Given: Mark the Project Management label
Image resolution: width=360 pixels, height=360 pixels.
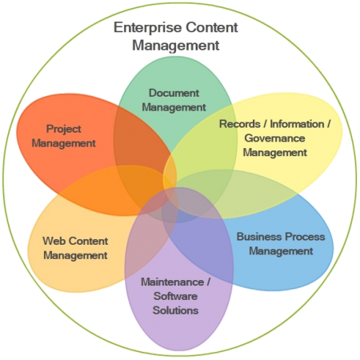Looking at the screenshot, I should (x=65, y=136).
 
